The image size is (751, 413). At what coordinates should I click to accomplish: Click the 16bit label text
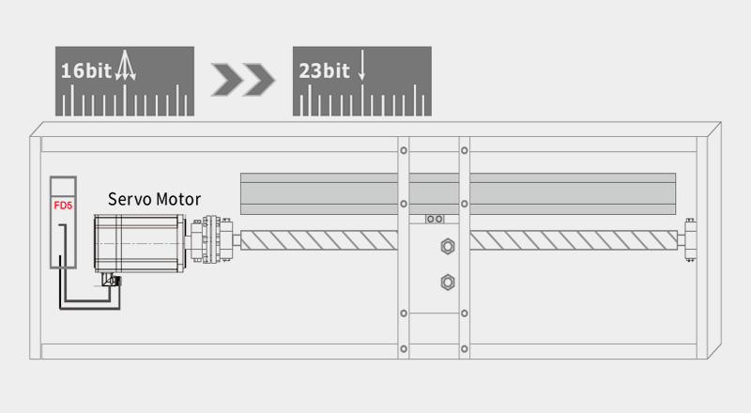86,71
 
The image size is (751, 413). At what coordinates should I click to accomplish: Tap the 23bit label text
324,71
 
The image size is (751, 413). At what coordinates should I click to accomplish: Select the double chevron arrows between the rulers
243,79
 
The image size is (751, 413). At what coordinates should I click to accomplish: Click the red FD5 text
63,206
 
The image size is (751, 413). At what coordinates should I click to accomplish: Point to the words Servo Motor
154,199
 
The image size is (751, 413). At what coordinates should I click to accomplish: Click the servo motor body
139,243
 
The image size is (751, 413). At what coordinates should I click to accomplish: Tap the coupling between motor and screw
212,239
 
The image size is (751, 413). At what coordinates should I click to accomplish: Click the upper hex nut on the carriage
448,246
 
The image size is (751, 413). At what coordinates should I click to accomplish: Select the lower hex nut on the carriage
448,283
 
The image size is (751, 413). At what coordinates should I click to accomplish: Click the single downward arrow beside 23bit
361,65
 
